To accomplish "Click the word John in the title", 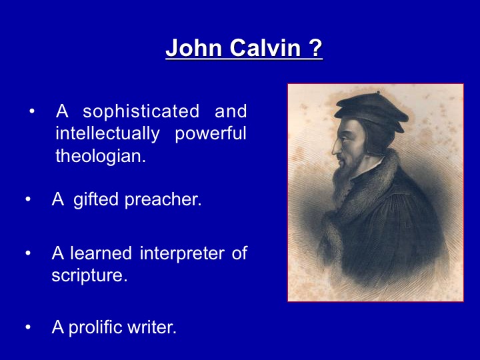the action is (193, 48).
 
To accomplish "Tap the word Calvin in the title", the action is (265, 48).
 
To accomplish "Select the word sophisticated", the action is (141, 111).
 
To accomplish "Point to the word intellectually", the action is (108, 133).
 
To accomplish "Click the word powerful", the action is (211, 133).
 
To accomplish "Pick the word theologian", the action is (101, 156).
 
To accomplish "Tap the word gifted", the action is (96, 199).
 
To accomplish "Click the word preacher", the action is (163, 199).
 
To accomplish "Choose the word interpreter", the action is (182, 254).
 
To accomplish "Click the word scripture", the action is (89, 275).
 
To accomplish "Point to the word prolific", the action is (96, 327).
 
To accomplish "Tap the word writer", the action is (152, 327).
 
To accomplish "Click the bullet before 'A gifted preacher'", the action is (28, 199).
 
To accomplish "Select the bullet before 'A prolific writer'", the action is (28, 327).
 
